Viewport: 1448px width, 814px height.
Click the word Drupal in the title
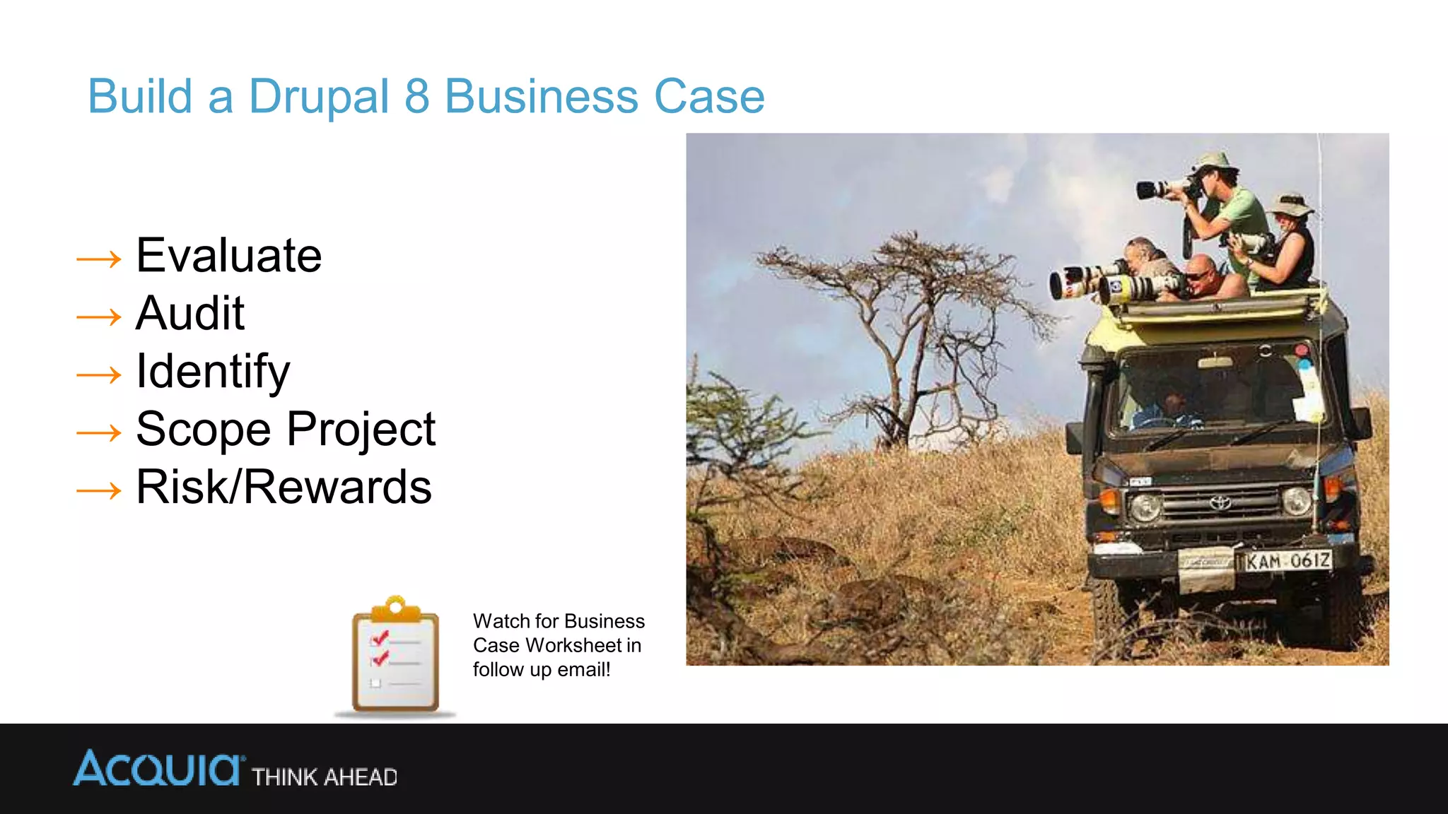click(x=319, y=97)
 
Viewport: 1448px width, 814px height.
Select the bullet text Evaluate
click(x=228, y=255)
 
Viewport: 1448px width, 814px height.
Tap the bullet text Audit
click(x=189, y=313)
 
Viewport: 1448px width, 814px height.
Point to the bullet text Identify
click(x=213, y=372)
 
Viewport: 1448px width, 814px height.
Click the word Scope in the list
click(x=204, y=430)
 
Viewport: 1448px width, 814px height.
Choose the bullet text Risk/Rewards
click(x=284, y=487)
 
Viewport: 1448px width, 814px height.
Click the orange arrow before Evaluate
click(x=99, y=259)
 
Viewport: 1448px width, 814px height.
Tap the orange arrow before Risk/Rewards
click(x=99, y=490)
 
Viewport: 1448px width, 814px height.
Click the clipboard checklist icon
click(x=395, y=655)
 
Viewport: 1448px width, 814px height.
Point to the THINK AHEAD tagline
click(x=325, y=777)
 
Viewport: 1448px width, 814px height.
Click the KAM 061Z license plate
click(x=1288, y=561)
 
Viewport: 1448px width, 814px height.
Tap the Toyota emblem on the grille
click(x=1220, y=503)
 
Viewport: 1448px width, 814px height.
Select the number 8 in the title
click(x=416, y=97)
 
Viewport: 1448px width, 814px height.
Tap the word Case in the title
click(x=709, y=97)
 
